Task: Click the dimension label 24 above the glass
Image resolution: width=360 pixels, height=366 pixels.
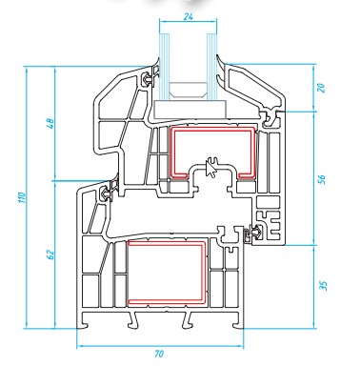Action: [x=189, y=16]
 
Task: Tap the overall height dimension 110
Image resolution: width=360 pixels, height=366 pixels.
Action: [x=22, y=197]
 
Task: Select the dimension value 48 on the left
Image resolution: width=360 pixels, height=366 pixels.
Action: [x=50, y=123]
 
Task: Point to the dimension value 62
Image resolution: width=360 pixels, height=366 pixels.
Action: [x=50, y=255]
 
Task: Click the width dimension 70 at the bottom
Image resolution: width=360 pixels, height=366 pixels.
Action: [x=159, y=354]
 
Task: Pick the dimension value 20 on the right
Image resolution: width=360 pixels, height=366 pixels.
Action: [x=322, y=88]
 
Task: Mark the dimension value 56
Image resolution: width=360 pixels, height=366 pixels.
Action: [x=322, y=179]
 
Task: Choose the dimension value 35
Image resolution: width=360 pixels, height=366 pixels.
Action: [x=323, y=285]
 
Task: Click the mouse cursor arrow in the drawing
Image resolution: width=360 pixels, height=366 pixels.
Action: [x=210, y=168]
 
